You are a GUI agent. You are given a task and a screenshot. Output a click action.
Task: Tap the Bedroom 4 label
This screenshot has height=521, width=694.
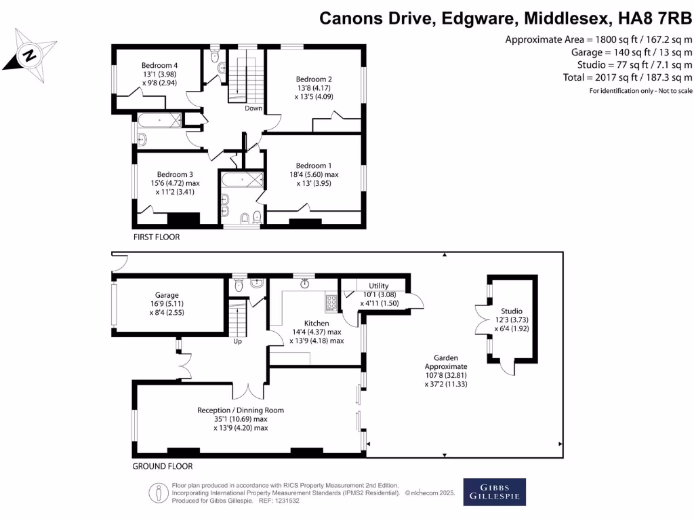[159, 65]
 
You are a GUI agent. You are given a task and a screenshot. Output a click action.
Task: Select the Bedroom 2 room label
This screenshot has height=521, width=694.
[314, 79]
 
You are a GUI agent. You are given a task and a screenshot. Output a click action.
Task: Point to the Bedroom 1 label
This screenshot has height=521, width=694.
[314, 166]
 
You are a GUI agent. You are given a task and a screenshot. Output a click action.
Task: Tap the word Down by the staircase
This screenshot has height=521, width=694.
[253, 109]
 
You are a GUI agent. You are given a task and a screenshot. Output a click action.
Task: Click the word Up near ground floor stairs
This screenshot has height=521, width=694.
[237, 341]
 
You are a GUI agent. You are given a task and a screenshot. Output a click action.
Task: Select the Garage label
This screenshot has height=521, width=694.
[167, 295]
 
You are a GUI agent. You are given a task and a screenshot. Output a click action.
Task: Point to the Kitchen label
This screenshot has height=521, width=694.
[317, 324]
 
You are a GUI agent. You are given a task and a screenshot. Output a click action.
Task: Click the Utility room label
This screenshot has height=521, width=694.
[378, 286]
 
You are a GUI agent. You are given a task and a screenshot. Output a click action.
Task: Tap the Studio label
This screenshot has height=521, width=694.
[512, 311]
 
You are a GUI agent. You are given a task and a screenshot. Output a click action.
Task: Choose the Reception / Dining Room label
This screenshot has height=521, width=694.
[241, 410]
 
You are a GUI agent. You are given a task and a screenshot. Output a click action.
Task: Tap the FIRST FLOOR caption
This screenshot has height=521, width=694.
[157, 237]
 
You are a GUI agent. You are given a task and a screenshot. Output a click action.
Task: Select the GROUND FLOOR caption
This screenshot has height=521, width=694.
[162, 466]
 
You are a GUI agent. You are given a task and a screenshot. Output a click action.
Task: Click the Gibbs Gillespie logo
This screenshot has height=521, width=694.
[494, 493]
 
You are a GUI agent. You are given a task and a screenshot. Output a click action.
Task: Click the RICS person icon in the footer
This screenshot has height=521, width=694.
[158, 493]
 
